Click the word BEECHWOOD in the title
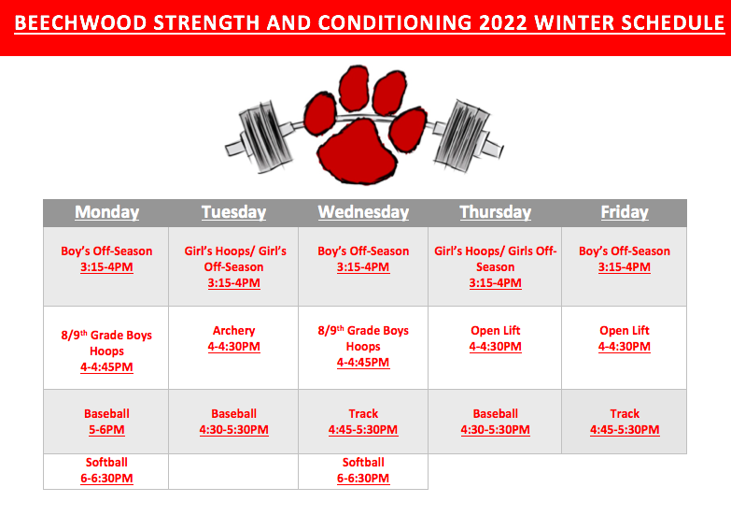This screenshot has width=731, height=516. (x=80, y=22)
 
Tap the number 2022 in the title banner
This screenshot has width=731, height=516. (x=502, y=22)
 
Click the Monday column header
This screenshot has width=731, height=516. (x=106, y=212)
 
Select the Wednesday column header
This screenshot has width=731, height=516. (x=363, y=212)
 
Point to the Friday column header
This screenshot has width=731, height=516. (x=625, y=212)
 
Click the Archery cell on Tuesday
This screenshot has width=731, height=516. (x=233, y=348)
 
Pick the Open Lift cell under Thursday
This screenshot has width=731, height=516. (x=495, y=348)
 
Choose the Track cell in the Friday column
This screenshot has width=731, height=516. (x=625, y=422)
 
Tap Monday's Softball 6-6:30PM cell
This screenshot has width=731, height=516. (x=106, y=471)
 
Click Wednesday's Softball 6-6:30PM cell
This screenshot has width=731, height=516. (x=363, y=471)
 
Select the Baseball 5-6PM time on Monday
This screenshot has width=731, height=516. (x=106, y=430)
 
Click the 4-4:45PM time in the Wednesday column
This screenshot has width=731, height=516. (x=363, y=363)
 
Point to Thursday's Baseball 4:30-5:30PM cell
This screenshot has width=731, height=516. (x=495, y=422)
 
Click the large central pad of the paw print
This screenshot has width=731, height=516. (x=358, y=150)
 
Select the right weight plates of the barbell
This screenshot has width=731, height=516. (x=461, y=135)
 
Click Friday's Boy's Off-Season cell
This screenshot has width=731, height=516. (x=625, y=266)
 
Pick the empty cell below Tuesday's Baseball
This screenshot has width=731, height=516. (x=233, y=471)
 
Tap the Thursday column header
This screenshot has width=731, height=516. (x=495, y=212)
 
